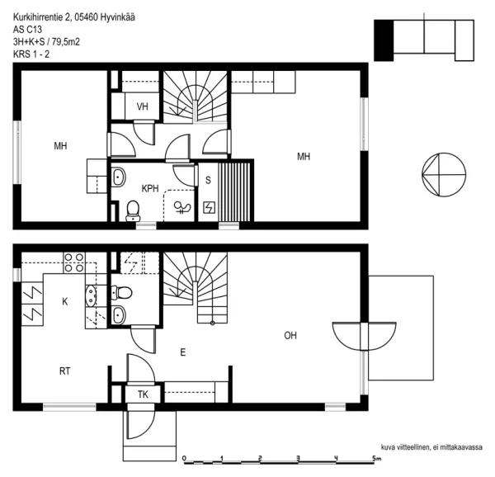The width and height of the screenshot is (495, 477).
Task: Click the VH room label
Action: pos(143,106)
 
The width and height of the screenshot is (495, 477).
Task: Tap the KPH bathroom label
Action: pos(150,188)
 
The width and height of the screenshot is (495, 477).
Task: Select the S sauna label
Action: pos(208,180)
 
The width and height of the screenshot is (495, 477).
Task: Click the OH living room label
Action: pos(290,335)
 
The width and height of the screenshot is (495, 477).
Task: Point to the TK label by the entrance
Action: pos(143,394)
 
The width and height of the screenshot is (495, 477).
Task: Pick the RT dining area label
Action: pos(64,371)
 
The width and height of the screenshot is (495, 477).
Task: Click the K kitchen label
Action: pos(64,301)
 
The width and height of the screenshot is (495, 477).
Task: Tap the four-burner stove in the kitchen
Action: pos(74,262)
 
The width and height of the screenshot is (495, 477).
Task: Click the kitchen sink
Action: pos(91,295)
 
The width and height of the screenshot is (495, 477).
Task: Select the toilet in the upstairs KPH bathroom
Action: pos(133,211)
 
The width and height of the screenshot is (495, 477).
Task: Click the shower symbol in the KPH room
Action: pos(182,207)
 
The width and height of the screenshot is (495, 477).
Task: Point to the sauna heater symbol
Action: pos(209,208)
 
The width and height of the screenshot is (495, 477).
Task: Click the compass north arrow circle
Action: pos(444,175)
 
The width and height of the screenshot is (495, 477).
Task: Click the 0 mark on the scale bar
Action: pos(184,458)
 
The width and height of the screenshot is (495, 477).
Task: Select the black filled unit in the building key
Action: pos(384,40)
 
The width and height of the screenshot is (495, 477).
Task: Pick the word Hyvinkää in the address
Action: pos(118,17)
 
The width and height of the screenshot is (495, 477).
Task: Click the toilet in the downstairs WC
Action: pos(122,292)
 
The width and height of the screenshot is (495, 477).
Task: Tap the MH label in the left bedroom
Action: pos(60,146)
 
